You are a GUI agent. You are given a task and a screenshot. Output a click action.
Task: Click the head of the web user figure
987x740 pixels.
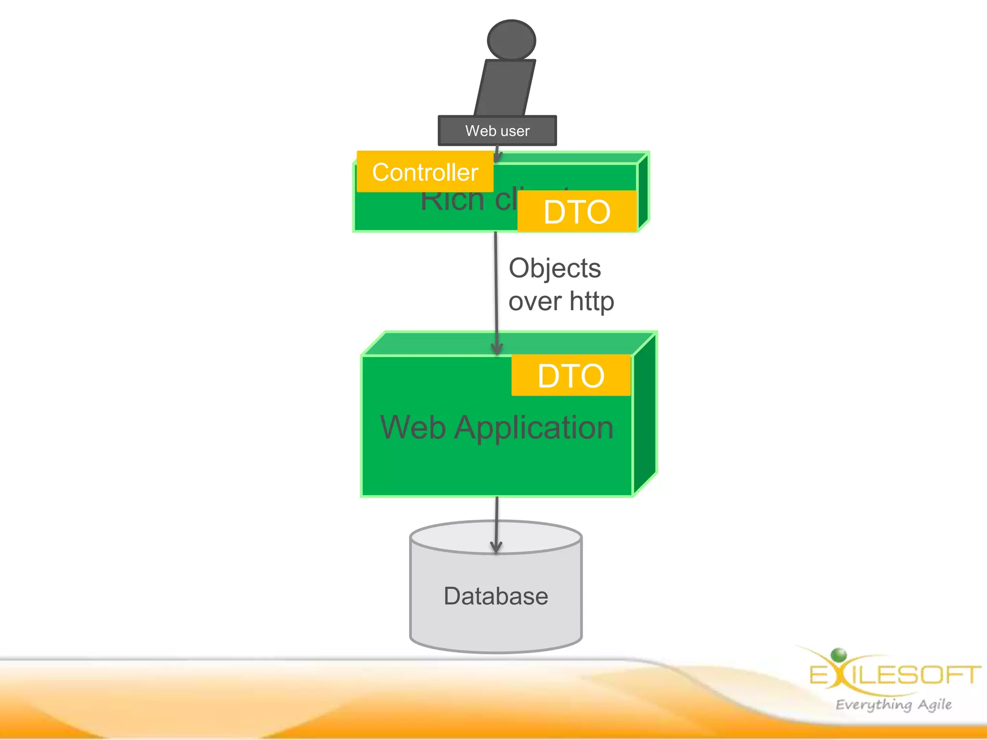point(511,40)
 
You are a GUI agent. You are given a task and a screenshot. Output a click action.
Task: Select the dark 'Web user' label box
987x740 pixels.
point(497,131)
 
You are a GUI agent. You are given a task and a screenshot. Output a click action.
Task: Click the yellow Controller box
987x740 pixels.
point(425,172)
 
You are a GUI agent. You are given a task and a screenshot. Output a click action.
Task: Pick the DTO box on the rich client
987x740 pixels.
point(577,211)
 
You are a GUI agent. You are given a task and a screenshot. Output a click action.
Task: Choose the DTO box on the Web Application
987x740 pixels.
point(571,375)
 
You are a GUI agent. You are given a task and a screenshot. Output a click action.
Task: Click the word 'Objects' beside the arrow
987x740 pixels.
point(555,268)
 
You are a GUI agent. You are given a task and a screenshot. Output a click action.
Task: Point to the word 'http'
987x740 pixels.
point(592,302)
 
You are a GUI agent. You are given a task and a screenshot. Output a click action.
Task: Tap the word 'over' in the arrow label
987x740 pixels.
point(535,302)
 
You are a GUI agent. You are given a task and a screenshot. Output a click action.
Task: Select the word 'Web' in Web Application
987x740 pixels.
point(413,428)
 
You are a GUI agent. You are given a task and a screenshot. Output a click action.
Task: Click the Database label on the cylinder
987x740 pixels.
point(496,596)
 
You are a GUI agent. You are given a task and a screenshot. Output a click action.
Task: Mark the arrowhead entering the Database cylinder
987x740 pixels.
point(496,547)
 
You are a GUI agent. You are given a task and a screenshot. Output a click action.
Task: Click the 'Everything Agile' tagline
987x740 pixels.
point(894,704)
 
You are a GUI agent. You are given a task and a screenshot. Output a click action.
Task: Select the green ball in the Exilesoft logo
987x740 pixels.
point(839,655)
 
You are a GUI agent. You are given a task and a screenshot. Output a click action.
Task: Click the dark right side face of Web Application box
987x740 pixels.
point(645,414)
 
